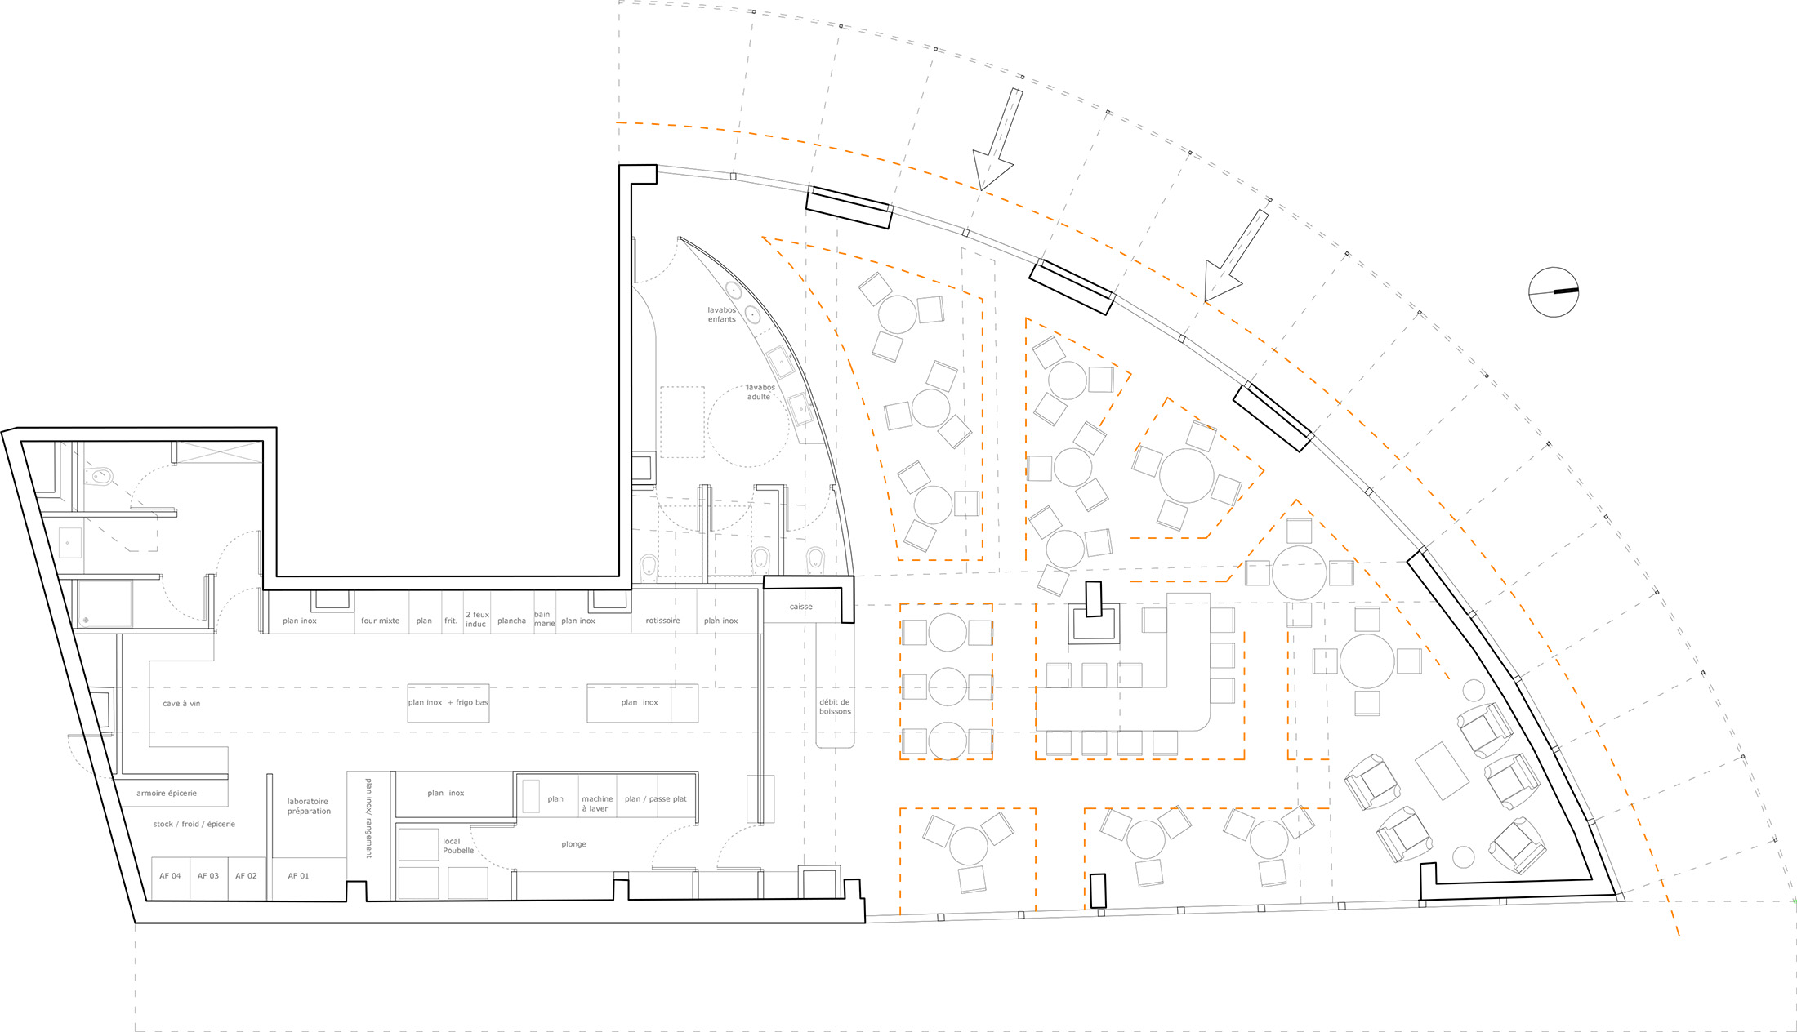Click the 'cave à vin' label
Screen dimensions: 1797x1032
point(181,704)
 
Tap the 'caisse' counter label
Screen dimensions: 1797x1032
point(801,607)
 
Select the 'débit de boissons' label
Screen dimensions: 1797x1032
point(835,707)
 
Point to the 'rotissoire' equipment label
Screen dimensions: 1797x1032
point(662,621)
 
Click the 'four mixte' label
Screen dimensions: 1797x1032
point(381,621)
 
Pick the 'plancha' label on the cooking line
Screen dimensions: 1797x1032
point(512,621)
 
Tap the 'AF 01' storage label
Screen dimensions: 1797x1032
point(298,876)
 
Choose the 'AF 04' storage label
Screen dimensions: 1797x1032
point(170,876)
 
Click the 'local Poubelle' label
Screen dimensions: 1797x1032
point(457,846)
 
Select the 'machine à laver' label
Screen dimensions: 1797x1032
point(597,804)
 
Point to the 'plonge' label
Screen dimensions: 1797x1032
point(573,844)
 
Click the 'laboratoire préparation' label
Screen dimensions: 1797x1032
point(309,807)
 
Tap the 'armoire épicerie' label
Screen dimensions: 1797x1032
point(167,794)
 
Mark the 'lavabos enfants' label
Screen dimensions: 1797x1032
point(722,314)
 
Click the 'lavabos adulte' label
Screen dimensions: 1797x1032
point(760,392)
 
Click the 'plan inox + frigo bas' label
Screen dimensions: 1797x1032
point(448,702)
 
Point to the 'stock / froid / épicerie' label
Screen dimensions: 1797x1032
point(194,825)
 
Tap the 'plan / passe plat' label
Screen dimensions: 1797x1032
point(656,799)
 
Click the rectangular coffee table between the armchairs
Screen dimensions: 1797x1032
point(1443,770)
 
